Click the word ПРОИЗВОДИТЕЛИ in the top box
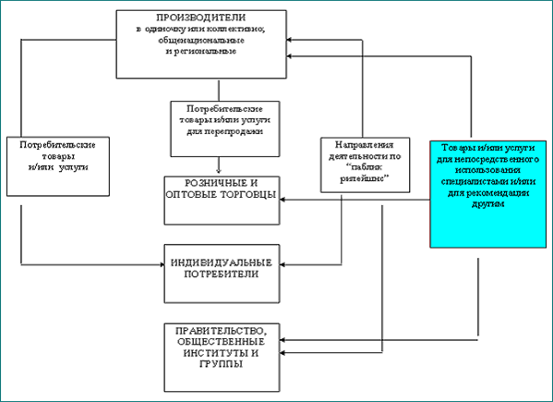[201, 18]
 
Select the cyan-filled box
[488, 194]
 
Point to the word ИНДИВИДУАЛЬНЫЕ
[222, 263]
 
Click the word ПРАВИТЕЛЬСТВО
[221, 331]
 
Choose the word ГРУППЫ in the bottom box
[222, 364]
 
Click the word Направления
[365, 145]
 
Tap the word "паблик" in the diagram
[365, 167]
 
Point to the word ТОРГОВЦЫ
[248, 194]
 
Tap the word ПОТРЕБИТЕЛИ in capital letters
[222, 274]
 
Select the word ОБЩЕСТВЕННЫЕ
[222, 342]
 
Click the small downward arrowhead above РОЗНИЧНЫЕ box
[219, 171]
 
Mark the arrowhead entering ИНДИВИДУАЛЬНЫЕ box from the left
[162, 264]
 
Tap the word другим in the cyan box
[487, 204]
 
